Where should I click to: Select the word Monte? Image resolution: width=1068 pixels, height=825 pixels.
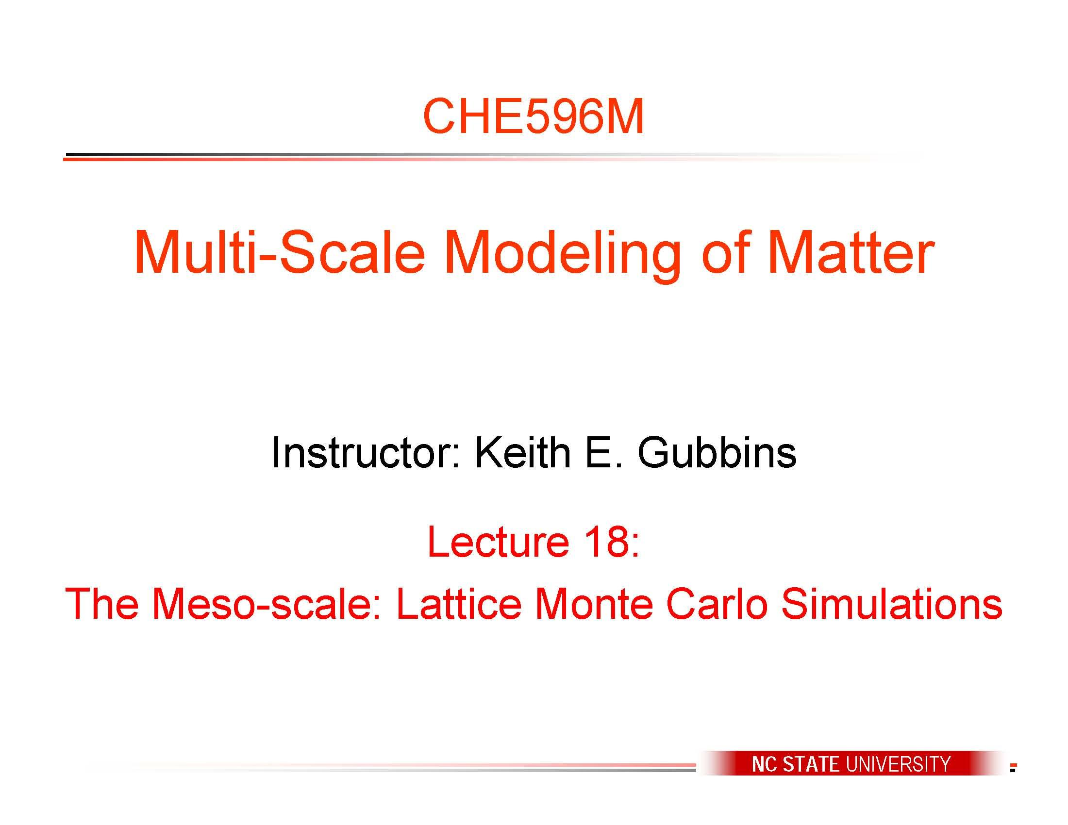pyautogui.click(x=594, y=604)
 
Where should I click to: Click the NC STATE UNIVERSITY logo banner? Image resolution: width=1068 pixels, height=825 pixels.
pyautogui.click(x=851, y=763)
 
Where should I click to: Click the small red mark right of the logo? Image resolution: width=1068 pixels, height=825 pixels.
pyautogui.click(x=1013, y=767)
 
